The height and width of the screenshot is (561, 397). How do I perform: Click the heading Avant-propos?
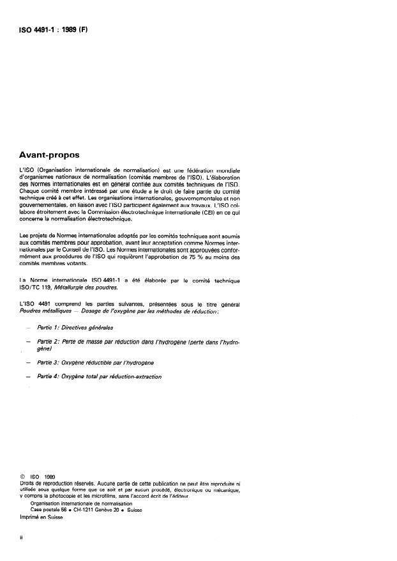(54, 154)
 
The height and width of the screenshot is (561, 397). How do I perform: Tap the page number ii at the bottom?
(22, 538)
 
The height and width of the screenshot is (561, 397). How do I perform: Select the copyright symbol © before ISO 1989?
(23, 476)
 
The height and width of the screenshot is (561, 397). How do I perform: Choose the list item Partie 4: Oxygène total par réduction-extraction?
(99, 377)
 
